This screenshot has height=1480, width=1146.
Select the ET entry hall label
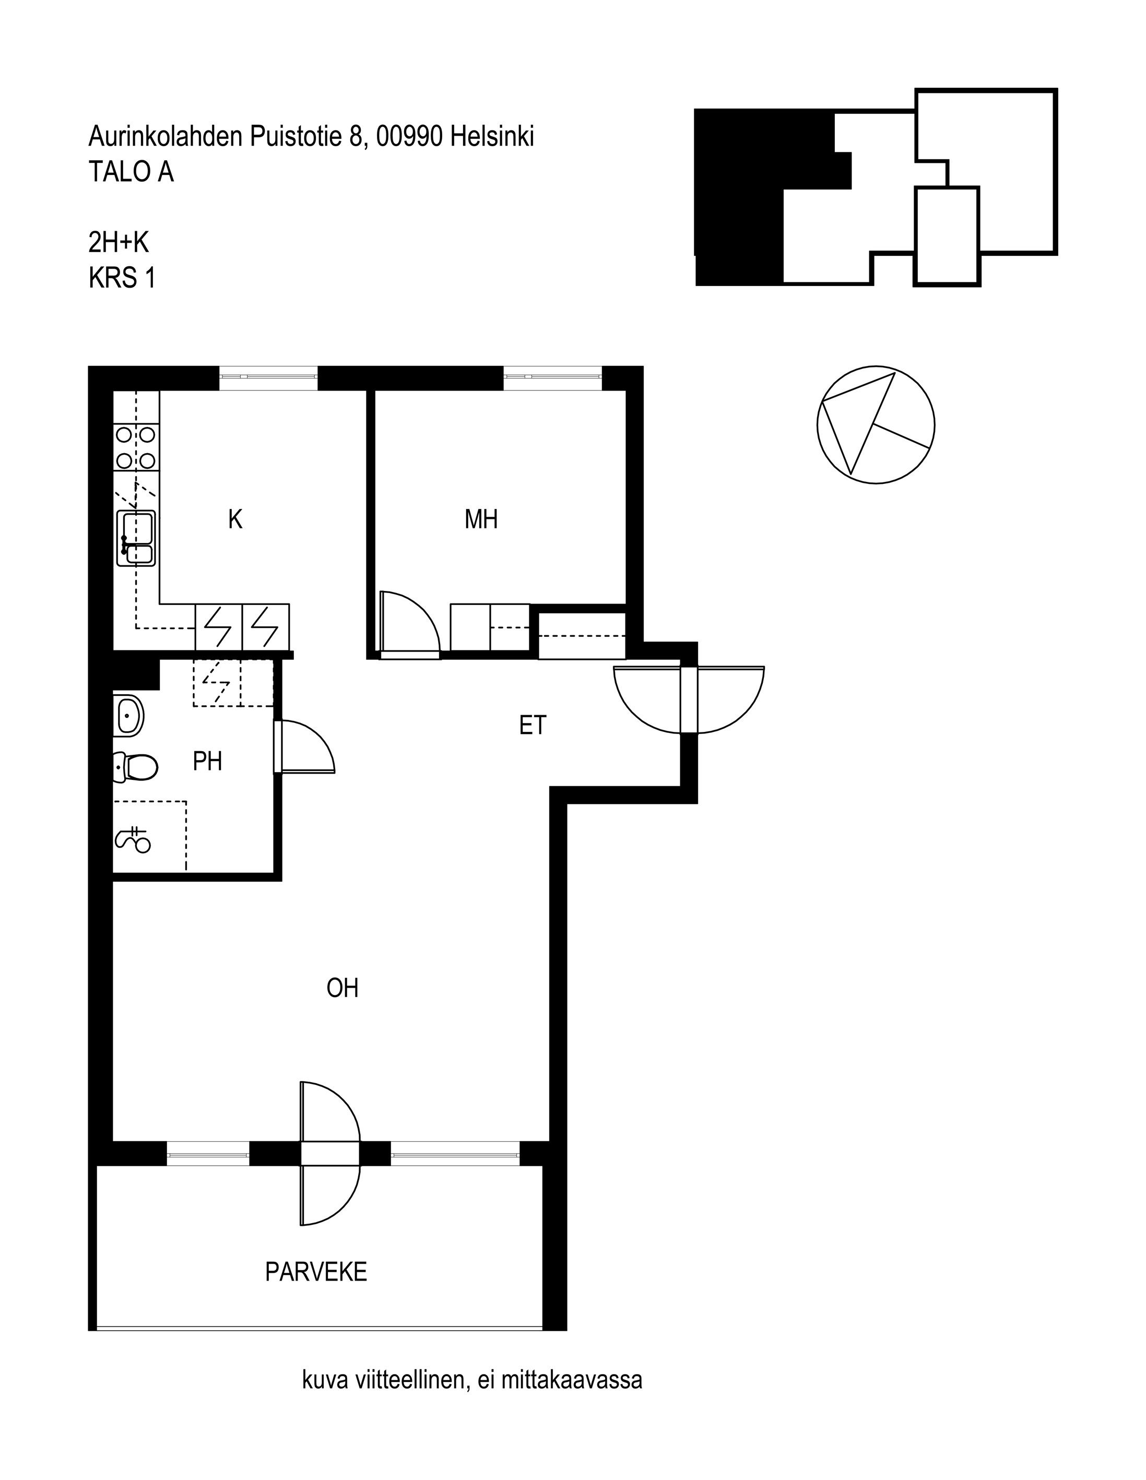pos(533,726)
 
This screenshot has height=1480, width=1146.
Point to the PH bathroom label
pos(207,762)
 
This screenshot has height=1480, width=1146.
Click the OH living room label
pos(342,988)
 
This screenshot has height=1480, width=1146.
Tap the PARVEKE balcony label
pos(316,1272)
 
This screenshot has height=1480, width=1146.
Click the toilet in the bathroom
pos(136,767)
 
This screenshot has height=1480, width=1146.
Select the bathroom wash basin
pos(129,714)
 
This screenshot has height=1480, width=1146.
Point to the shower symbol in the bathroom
pos(134,840)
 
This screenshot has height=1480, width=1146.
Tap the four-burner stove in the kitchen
pos(136,448)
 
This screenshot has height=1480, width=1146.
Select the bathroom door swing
pos(304,746)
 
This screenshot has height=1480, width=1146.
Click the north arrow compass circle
pos(876,425)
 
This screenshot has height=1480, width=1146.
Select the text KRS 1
pos(122,279)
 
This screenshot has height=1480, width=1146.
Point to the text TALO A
pos(131,172)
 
